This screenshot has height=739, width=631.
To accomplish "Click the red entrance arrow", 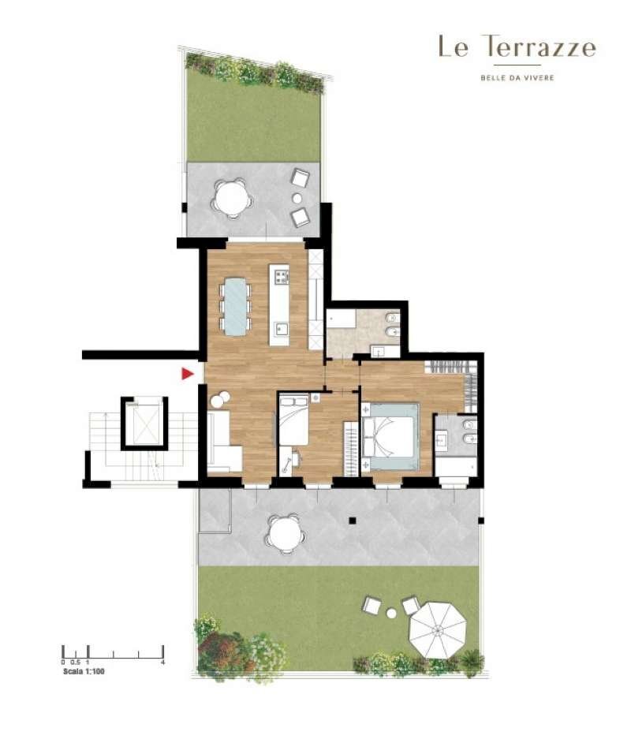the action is [x=188, y=374].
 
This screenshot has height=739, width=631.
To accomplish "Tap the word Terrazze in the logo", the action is [x=540, y=47].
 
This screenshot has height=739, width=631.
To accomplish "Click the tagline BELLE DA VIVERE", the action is [x=517, y=78].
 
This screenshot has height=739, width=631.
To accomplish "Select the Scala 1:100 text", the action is [x=84, y=672].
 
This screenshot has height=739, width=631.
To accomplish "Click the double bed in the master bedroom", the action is [x=390, y=436].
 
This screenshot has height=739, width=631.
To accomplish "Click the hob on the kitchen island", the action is [x=282, y=276].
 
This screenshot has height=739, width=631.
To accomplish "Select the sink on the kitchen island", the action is [x=282, y=328].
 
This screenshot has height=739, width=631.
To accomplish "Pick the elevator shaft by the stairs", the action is [x=144, y=424].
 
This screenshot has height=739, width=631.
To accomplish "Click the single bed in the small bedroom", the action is [x=293, y=420].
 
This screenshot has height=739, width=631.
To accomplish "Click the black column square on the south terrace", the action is [x=353, y=521].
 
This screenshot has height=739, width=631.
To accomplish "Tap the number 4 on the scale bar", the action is [x=163, y=662].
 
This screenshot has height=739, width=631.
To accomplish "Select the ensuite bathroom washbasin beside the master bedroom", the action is [x=442, y=441].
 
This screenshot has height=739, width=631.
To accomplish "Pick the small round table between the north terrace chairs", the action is [x=297, y=198].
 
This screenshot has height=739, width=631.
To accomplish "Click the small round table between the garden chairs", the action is [x=391, y=613].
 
